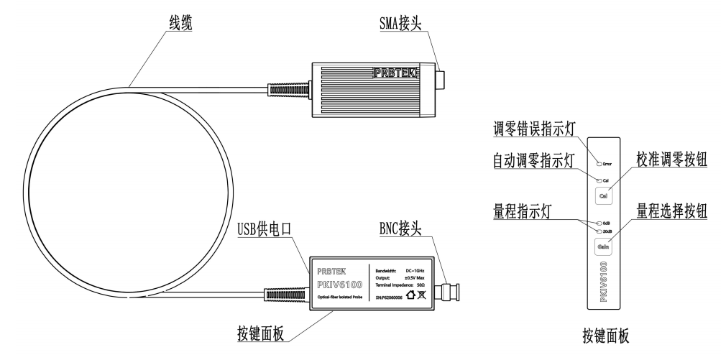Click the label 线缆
[170, 22]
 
